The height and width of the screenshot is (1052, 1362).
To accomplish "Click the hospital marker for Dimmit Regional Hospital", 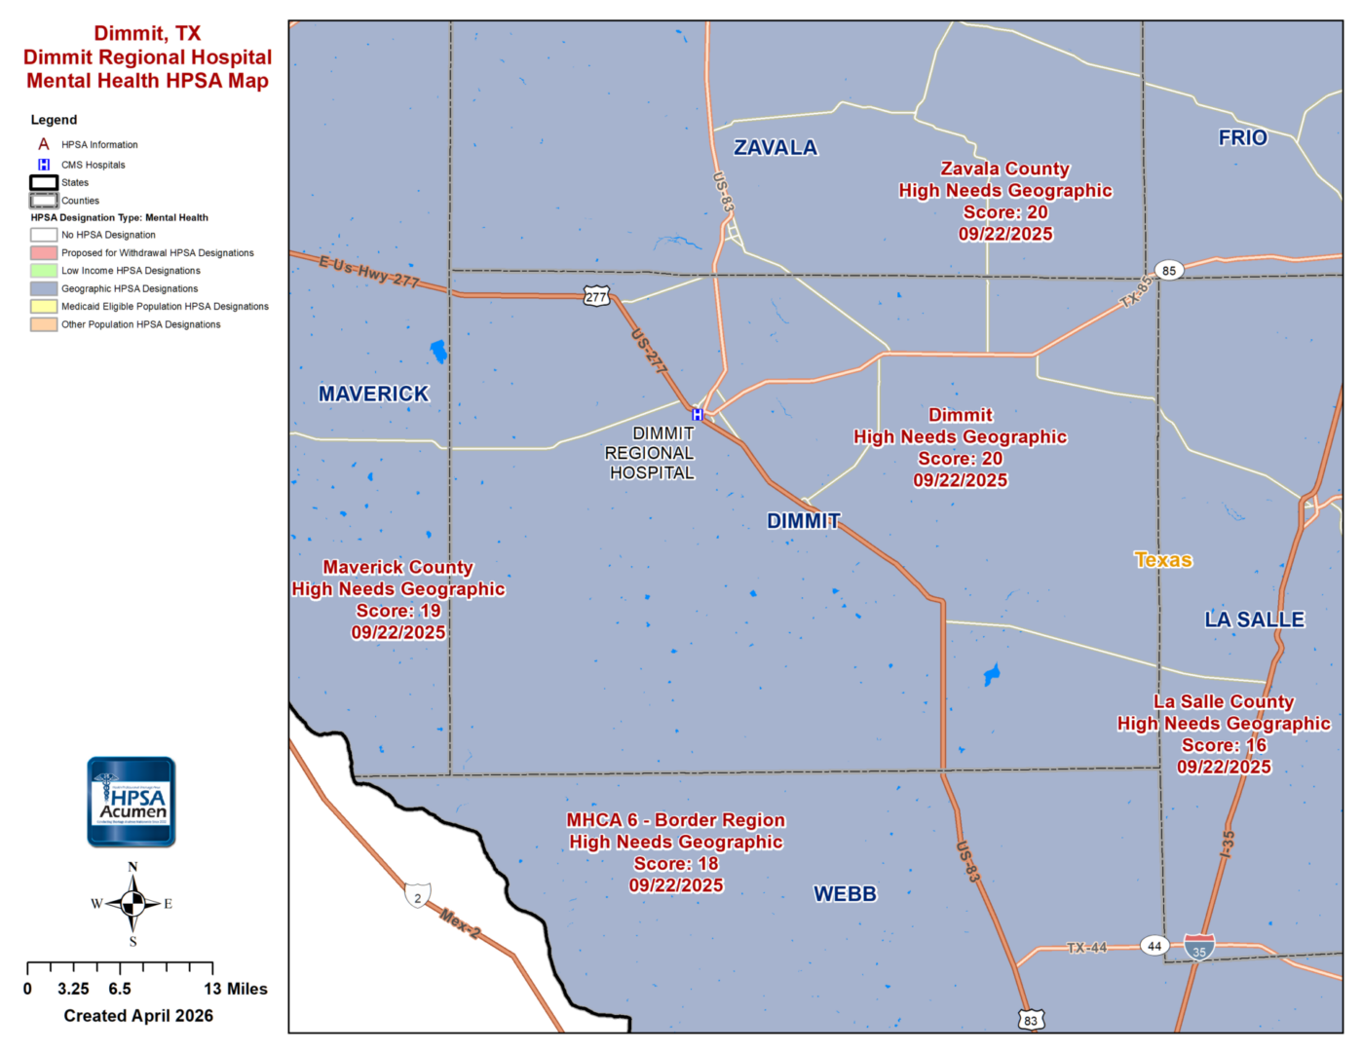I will click(698, 415).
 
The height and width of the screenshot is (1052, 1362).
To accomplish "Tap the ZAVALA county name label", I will click(776, 148).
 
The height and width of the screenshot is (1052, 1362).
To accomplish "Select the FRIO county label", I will click(1242, 138).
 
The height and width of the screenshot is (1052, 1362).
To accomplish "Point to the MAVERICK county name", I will click(373, 394).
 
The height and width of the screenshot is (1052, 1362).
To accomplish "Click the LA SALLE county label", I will click(1254, 620).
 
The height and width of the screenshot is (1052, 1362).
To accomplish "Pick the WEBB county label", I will click(845, 894).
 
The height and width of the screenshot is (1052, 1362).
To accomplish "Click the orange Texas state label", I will click(1163, 560).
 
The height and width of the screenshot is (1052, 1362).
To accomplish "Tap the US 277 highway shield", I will click(596, 297).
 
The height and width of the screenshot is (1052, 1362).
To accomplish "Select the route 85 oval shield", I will click(1169, 271).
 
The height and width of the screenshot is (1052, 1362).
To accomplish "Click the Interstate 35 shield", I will click(1199, 947).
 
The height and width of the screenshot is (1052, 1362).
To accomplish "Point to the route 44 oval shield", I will click(1154, 946).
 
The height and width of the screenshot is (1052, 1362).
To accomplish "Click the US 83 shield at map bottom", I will click(1031, 1020).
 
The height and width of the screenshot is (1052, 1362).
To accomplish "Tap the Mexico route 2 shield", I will click(417, 896).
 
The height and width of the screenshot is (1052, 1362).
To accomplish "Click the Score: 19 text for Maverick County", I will click(398, 612).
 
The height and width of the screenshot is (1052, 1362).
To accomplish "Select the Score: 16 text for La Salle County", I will click(1224, 746).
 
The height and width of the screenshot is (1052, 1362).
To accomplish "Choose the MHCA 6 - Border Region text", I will click(676, 821).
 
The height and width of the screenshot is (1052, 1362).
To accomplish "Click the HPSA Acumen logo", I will click(132, 802).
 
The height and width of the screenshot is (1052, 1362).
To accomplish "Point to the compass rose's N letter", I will click(132, 867).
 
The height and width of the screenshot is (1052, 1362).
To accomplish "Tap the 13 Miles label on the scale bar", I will click(236, 990).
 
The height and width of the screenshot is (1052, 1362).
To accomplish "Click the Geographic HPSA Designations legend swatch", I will click(44, 289).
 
